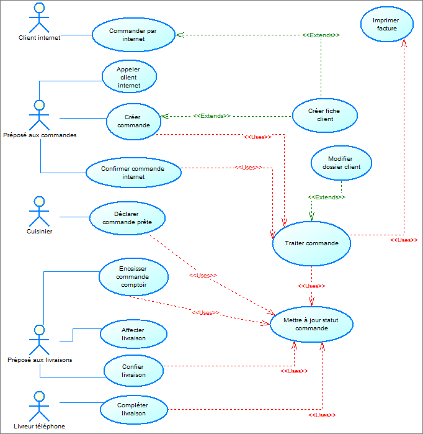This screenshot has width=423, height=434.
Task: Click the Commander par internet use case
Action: [x=133, y=34]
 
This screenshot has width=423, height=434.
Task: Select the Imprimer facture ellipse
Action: [x=386, y=24]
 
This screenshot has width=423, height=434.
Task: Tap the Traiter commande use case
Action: [x=311, y=243]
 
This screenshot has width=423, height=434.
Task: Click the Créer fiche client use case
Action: [x=325, y=115]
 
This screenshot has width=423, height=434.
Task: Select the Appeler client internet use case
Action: [x=129, y=78]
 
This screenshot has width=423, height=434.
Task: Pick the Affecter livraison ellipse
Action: [x=133, y=334]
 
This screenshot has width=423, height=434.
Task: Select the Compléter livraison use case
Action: [x=133, y=409]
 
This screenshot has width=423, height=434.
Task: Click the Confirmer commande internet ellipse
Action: [x=133, y=172]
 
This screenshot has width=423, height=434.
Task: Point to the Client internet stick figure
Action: [x=39, y=17]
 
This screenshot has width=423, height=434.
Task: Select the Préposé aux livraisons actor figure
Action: [x=39, y=338]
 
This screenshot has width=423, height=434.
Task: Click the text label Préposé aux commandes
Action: [x=40, y=135]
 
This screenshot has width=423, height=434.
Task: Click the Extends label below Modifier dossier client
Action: [x=326, y=197]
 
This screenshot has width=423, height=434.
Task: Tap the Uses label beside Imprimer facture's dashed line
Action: [x=404, y=240]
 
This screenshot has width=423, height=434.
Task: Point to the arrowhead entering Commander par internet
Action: [x=179, y=35]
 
